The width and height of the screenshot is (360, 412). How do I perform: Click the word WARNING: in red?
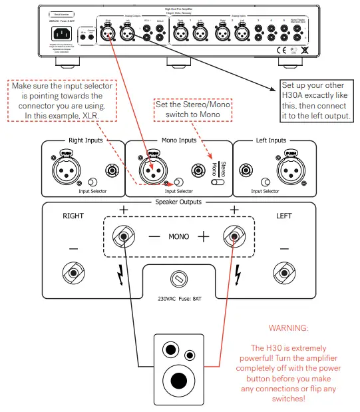point(288,328)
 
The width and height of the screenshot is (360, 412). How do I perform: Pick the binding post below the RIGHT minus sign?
point(73,271)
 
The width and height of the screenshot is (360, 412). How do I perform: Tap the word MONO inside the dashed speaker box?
point(178,236)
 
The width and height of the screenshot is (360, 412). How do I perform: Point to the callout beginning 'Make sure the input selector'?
point(63,101)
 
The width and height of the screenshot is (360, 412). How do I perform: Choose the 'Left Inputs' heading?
point(270,140)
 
